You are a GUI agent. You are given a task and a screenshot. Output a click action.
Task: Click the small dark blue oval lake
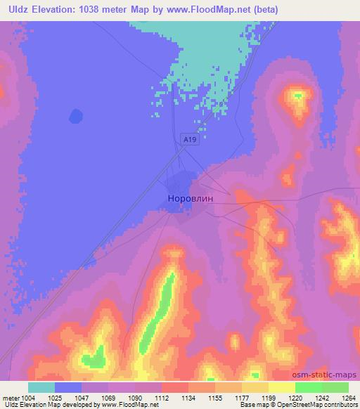pyautogui.click(x=75, y=115)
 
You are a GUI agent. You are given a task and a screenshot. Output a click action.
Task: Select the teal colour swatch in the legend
pyautogui.click(x=42, y=387)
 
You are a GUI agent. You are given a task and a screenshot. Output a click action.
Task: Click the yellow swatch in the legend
pyautogui.click(x=281, y=387)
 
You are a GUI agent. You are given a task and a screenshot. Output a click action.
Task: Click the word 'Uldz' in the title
pyautogui.click(x=15, y=10)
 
